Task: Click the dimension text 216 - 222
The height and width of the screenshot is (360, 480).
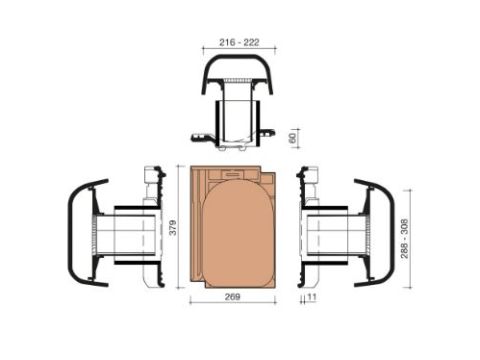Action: [x=240, y=43]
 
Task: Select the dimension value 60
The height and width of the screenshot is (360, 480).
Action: [x=291, y=138]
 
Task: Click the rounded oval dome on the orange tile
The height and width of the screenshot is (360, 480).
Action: [x=240, y=235]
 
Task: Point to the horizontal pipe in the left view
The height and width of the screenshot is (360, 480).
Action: [x=125, y=236]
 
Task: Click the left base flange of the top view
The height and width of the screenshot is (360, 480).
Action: [x=200, y=135]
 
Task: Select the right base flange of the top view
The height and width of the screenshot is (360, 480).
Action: [x=271, y=135]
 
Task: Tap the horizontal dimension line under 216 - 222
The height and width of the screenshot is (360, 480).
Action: [x=240, y=50]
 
